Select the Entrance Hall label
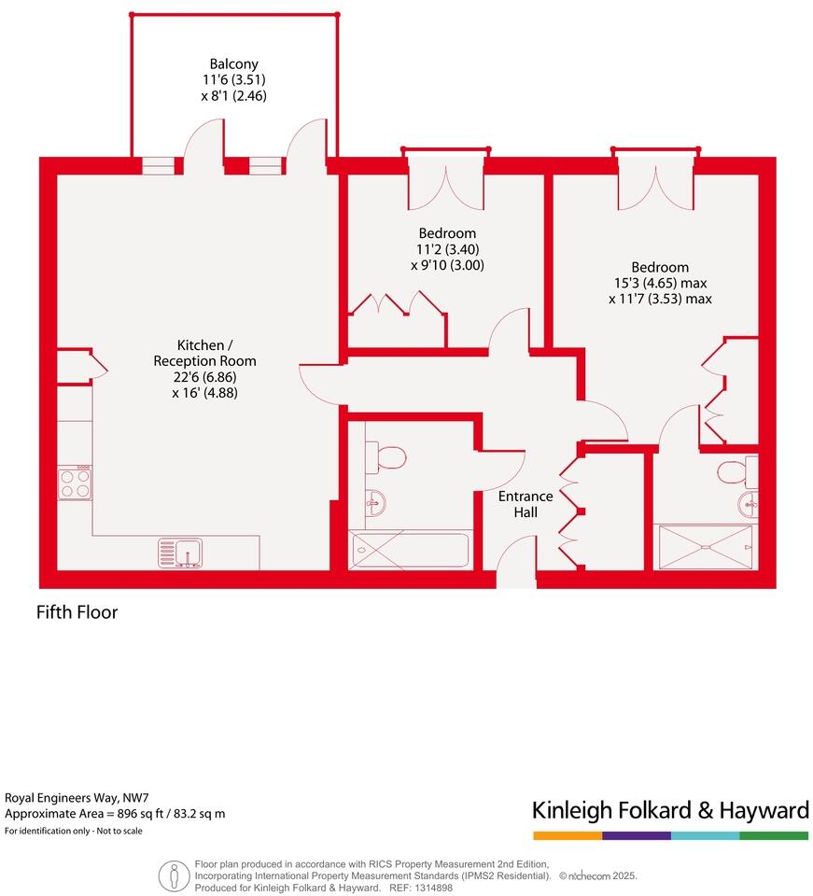525,504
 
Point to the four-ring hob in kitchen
75,483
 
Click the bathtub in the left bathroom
410,550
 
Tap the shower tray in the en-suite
705,546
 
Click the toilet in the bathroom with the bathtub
390,457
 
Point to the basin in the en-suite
749,505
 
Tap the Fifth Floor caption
77,613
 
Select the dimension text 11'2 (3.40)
447,249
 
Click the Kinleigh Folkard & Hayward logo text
669,809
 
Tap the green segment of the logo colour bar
774,835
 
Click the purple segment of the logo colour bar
637,835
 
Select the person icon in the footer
173,875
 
